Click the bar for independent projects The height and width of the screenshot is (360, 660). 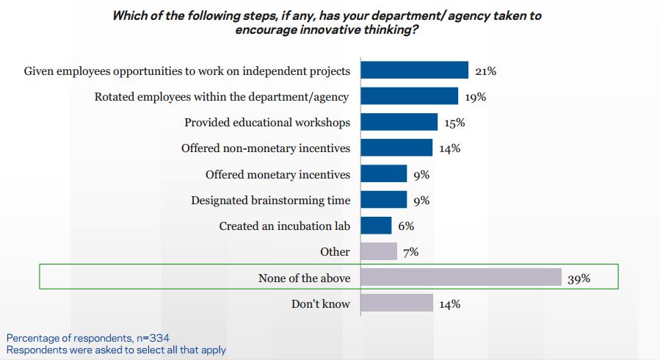point(415,71)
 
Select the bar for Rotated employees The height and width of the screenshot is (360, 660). point(410,96)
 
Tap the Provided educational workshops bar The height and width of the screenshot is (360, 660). point(399,122)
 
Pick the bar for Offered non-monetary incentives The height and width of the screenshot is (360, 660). point(396,148)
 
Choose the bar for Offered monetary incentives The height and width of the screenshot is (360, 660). point(384,174)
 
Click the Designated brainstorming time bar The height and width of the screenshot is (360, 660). point(384,200)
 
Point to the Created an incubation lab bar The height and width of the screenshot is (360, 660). point(376,226)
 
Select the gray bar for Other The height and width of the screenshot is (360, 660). point(379,251)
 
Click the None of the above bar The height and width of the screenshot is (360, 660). point(461,277)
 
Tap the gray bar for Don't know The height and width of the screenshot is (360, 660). point(396,303)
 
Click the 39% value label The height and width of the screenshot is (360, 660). point(579,278)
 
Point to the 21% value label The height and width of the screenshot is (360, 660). point(485,71)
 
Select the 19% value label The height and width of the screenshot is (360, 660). point(475,97)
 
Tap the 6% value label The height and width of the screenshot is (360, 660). point(406,226)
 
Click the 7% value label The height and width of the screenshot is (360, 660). point(410,252)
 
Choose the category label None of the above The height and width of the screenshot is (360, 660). point(304,278)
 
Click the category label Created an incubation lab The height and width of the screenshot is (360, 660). point(284,226)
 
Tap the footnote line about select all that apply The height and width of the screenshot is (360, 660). point(116,350)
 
